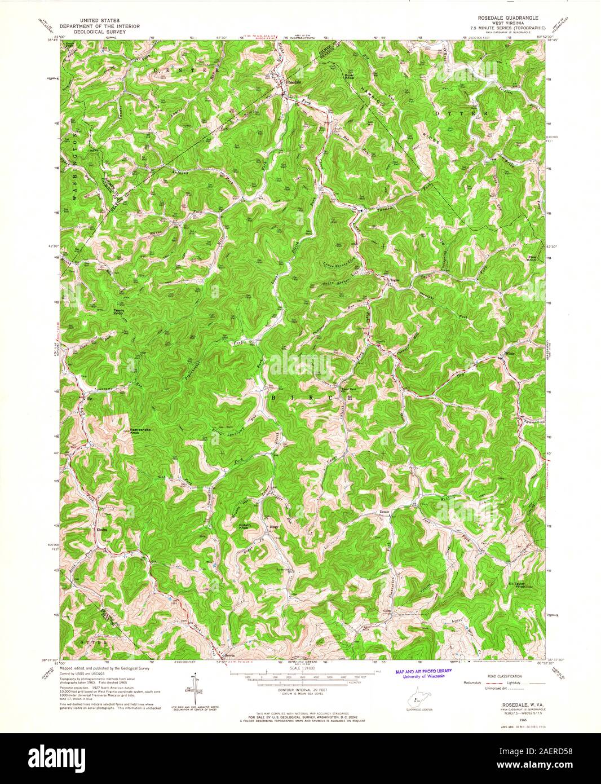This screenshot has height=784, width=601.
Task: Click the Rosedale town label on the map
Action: pos(294,82)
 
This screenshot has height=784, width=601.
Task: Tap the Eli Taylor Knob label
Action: pos(517,584)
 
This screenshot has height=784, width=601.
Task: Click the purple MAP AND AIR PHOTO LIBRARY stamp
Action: pos(423,673)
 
